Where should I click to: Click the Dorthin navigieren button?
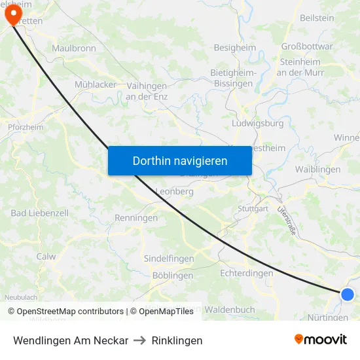pyautogui.click(x=179, y=160)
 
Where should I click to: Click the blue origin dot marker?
pyautogui.click(x=348, y=295)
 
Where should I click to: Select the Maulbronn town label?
pyautogui.click(x=74, y=48)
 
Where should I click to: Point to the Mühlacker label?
pyautogui.click(x=96, y=84)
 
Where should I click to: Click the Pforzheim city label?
pyautogui.click(x=25, y=127)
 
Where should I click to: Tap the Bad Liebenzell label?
pyautogui.click(x=40, y=213)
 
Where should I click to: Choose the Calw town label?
pyautogui.click(x=46, y=257)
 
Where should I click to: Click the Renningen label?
pyautogui.click(x=136, y=218)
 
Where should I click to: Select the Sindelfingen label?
pyautogui.click(x=169, y=259)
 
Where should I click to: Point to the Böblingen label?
pyautogui.click(x=172, y=276)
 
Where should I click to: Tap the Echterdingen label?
pyautogui.click(x=247, y=273)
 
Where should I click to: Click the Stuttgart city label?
pyautogui.click(x=253, y=209)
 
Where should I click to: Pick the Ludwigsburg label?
pyautogui.click(x=257, y=123)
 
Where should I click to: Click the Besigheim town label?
pyautogui.click(x=234, y=48)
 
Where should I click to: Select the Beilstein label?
pyautogui.click(x=317, y=18)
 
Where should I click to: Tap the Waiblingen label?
pyautogui.click(x=318, y=170)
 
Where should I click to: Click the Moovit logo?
pyautogui.click(x=321, y=340)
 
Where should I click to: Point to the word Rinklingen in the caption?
pyautogui.click(x=177, y=340)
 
